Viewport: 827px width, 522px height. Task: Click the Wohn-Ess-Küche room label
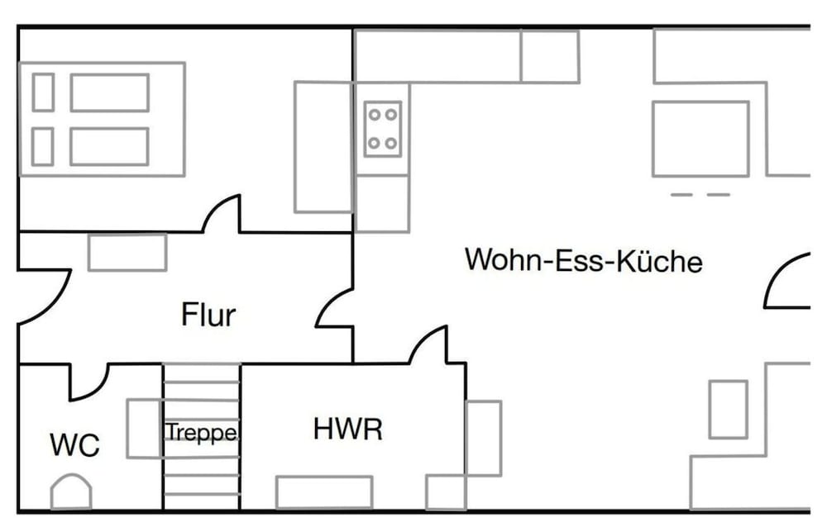point(583,259)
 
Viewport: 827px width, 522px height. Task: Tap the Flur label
point(208,315)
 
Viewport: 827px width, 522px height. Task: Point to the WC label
point(74,444)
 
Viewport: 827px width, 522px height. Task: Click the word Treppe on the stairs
point(201,433)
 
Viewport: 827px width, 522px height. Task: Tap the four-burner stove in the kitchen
point(383,129)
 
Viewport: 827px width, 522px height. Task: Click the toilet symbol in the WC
point(71,491)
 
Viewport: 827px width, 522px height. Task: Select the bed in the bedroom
point(102,119)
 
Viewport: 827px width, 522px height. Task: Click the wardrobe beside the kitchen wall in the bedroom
point(323,147)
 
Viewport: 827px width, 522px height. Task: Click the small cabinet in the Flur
point(127,253)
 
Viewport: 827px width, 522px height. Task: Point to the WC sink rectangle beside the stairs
point(144,428)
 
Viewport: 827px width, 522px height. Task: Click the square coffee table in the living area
point(701,139)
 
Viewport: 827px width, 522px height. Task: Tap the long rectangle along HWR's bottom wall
point(324,492)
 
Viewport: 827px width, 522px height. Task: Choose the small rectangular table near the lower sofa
point(729,410)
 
